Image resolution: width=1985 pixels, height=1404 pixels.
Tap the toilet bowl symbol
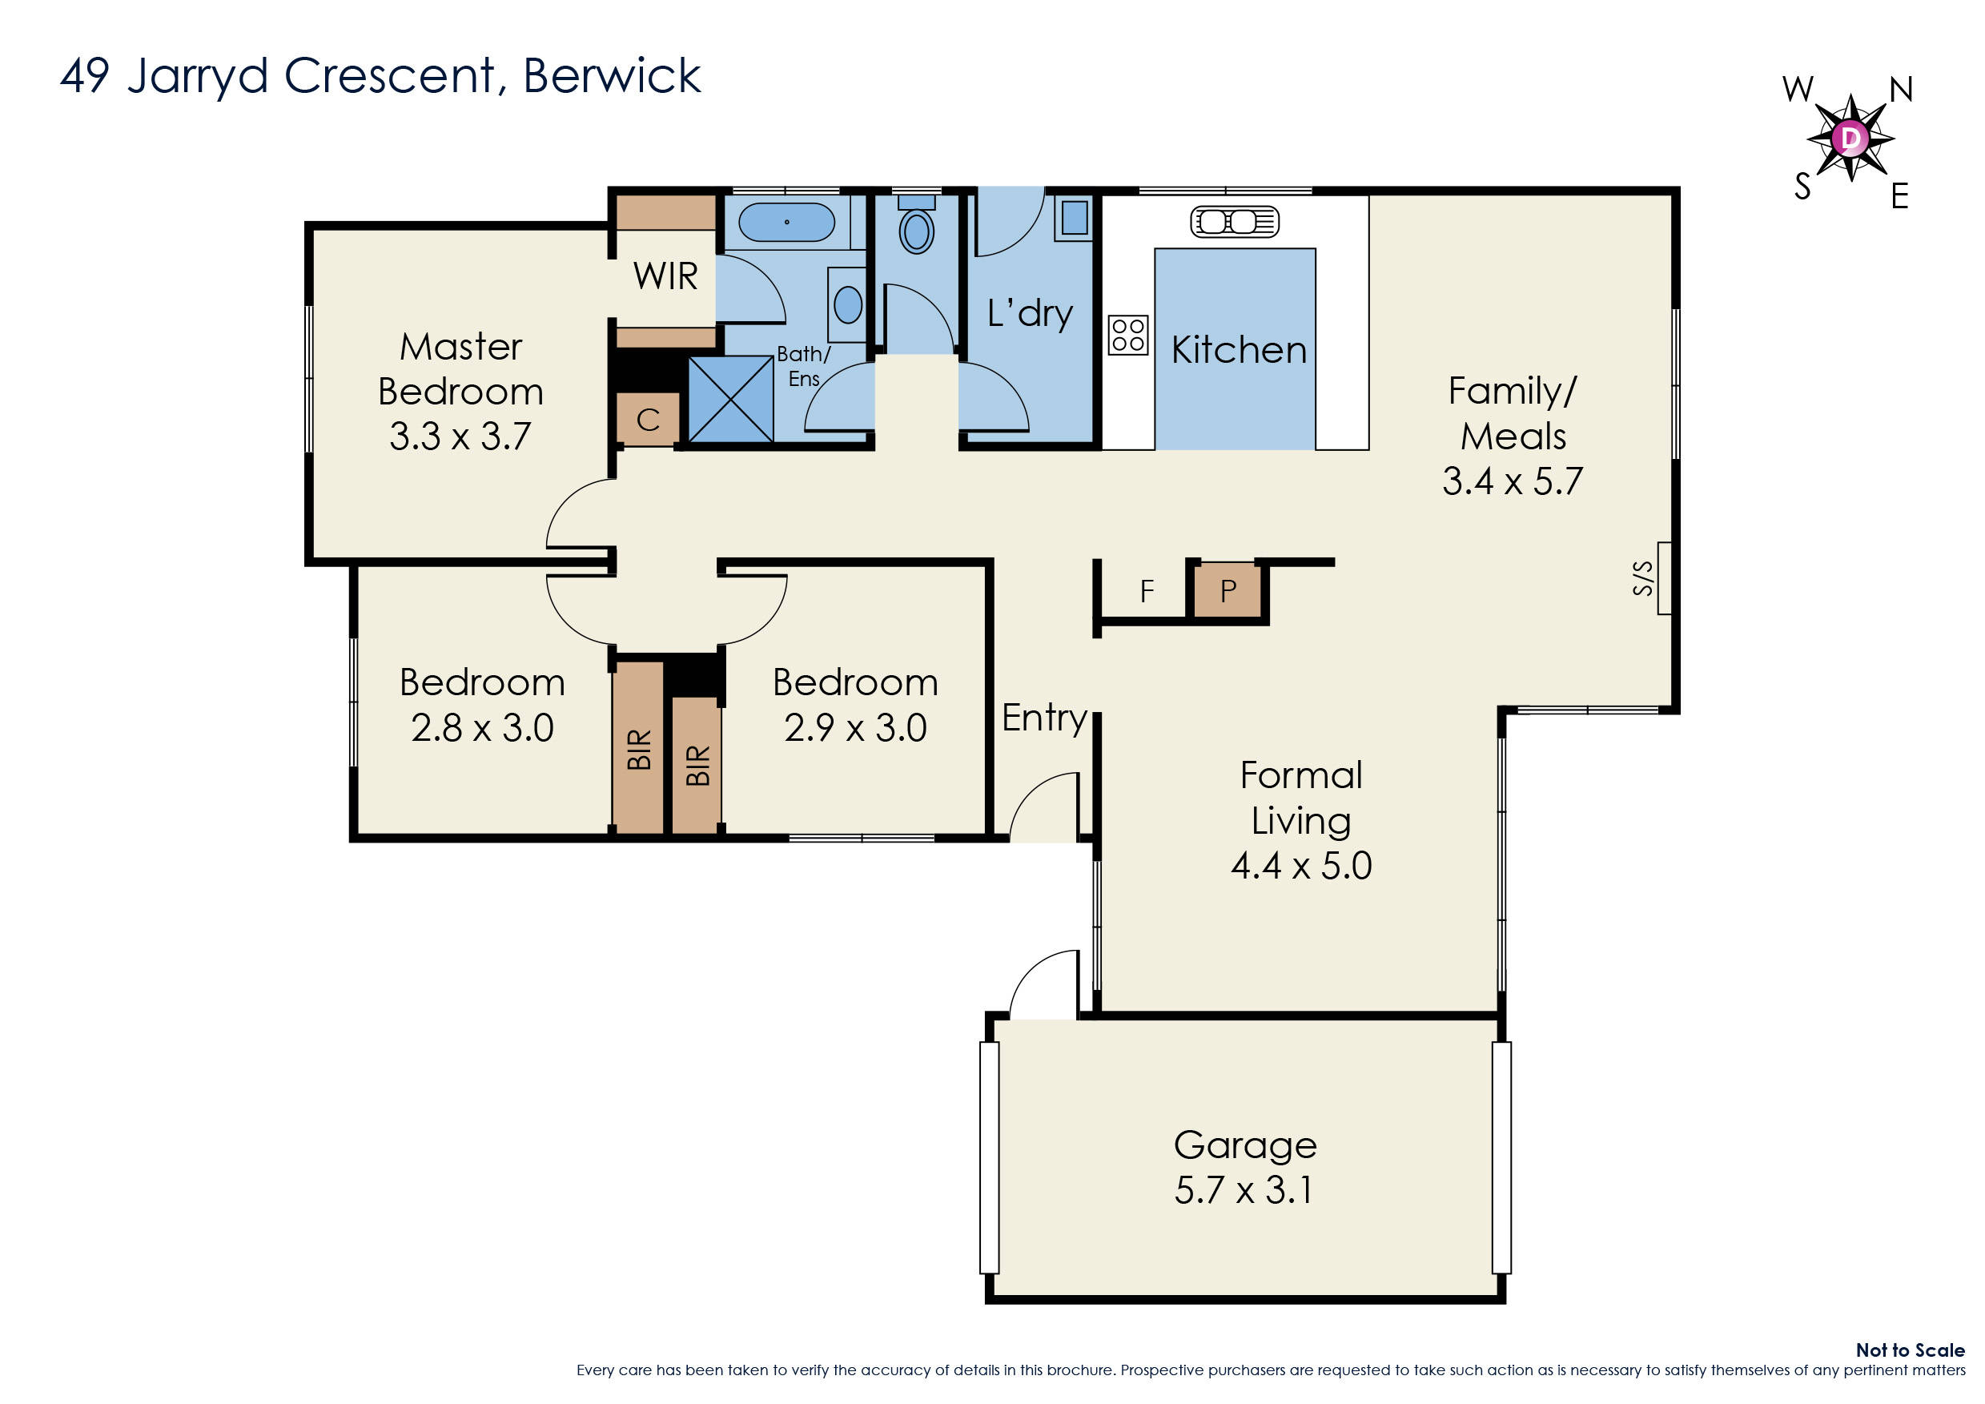(916, 231)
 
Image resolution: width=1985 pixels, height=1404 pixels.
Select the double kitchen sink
(1234, 222)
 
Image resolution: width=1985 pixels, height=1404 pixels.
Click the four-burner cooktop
(1128, 335)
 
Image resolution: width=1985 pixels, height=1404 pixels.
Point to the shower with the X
(730, 400)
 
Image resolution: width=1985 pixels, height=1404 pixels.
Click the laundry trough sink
(1075, 218)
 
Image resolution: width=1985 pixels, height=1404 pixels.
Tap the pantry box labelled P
(1228, 591)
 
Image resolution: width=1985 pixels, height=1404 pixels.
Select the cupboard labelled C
(649, 420)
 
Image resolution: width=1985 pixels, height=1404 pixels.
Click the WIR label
(665, 276)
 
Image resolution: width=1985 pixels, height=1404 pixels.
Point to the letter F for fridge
(1147, 591)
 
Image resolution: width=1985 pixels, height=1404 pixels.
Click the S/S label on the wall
(1642, 578)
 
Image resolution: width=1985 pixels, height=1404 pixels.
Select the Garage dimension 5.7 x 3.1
(1244, 1190)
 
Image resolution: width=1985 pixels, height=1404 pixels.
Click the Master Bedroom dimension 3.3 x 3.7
(460, 436)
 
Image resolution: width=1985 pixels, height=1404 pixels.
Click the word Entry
(1043, 718)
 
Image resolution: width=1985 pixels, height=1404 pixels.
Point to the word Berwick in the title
(611, 76)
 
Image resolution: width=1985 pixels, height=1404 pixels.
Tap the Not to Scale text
(1910, 1350)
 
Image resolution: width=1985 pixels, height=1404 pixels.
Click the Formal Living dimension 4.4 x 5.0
(1301, 866)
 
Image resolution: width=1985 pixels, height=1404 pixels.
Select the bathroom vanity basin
(847, 305)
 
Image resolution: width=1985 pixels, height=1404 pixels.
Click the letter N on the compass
(1900, 89)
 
